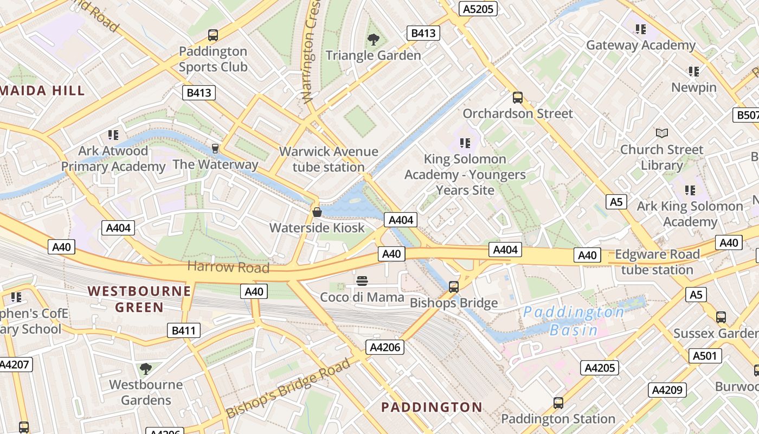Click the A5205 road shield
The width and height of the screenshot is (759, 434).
(478, 9)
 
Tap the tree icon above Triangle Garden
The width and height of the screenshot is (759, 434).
(373, 39)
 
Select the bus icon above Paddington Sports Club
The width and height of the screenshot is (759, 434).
(213, 35)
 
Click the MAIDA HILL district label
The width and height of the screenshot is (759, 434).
(42, 91)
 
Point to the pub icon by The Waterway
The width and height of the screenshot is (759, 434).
(215, 148)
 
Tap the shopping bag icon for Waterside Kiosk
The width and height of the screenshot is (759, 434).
(317, 212)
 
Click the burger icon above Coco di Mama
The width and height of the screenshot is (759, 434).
(362, 280)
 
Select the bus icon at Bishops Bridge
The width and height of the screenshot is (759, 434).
(454, 286)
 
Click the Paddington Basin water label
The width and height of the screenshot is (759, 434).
(574, 321)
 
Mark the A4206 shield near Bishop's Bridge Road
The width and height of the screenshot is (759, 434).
(385, 347)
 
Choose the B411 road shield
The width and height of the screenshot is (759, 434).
(184, 330)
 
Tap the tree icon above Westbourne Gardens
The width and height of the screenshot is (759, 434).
(145, 369)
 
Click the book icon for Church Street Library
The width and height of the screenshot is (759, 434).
(661, 133)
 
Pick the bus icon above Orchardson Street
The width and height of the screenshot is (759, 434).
(518, 98)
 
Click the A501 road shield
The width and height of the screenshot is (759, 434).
(705, 356)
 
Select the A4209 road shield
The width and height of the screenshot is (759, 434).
(667, 390)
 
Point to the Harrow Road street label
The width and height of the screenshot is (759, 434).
(228, 267)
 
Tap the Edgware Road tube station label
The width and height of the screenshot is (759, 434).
(657, 262)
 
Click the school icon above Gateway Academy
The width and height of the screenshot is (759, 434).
(641, 29)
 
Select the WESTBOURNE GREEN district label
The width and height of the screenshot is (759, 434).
(139, 299)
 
